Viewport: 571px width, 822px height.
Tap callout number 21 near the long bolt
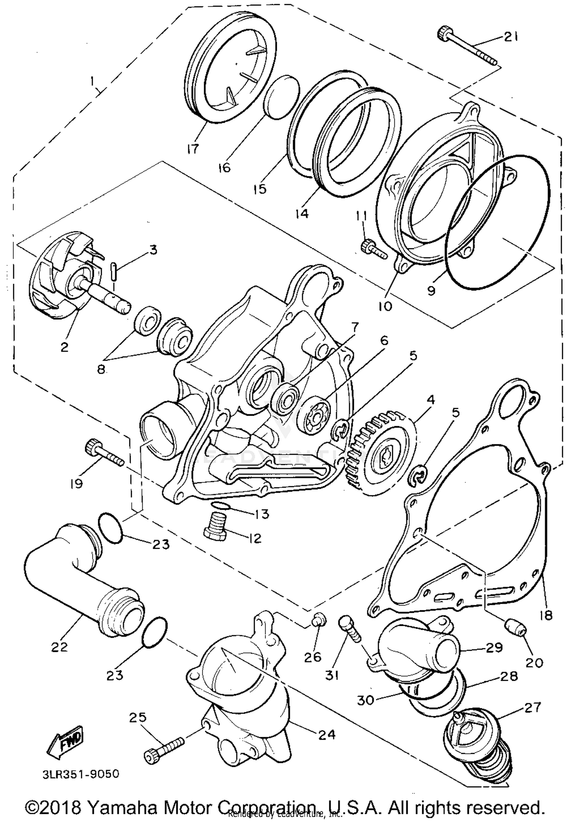511,37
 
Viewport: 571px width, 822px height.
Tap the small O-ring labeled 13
220,506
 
